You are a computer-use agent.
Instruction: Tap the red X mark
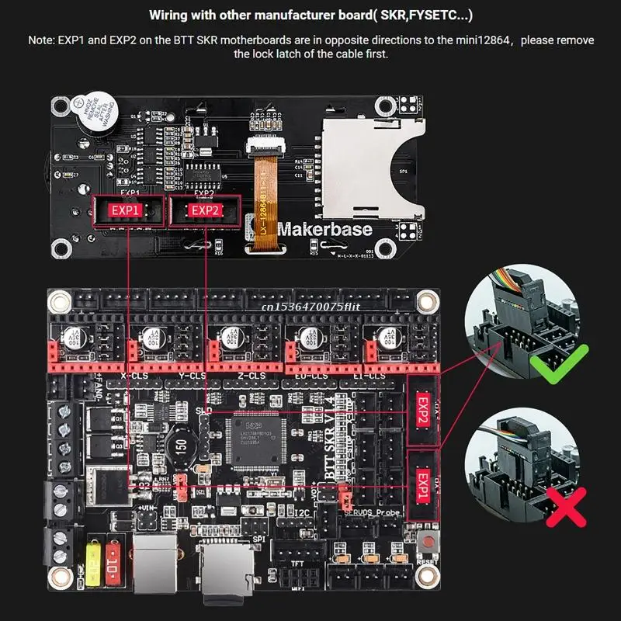563,509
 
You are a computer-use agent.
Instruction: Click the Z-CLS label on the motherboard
253,376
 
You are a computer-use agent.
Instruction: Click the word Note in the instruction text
42,40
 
